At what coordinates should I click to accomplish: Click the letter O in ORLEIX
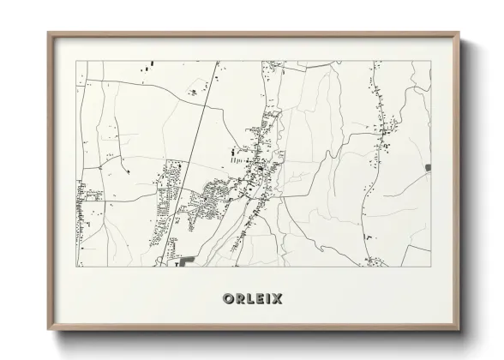pyautogui.click(x=227, y=299)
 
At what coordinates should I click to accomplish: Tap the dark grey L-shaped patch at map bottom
pyautogui.click(x=186, y=259)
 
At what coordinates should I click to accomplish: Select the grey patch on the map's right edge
pyautogui.click(x=427, y=166)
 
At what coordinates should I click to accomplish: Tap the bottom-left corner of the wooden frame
pyautogui.click(x=49, y=329)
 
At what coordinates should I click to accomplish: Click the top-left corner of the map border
pyautogui.click(x=77, y=61)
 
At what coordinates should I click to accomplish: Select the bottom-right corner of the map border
pyautogui.click(x=430, y=267)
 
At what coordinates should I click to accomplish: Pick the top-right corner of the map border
pyautogui.click(x=430, y=61)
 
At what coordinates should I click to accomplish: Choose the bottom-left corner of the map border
pyautogui.click(x=77, y=267)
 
